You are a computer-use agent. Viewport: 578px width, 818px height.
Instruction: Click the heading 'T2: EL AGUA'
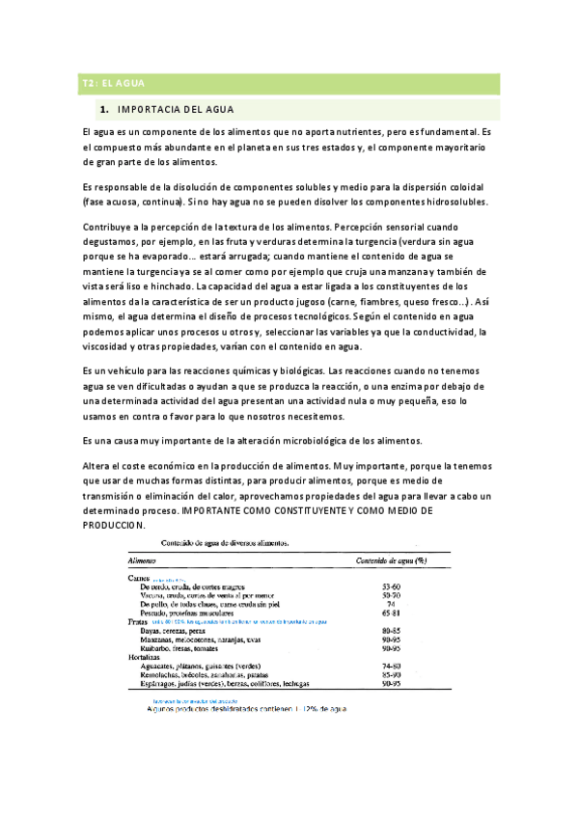[110, 84]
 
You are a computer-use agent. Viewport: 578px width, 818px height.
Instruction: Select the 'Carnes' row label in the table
[142, 577]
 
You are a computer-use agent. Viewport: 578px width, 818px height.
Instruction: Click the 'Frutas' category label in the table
[141, 622]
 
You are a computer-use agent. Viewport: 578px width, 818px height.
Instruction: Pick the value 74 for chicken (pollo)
[390, 604]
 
